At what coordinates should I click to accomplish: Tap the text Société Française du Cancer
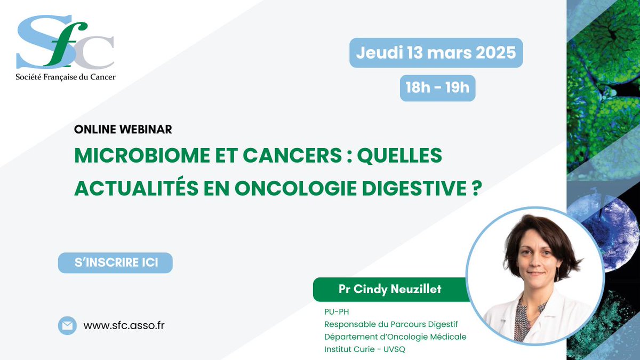point(66,77)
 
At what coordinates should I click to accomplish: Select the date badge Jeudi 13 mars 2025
point(436,53)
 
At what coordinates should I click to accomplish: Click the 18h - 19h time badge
point(437,87)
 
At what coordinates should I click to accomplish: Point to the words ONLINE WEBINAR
point(123,130)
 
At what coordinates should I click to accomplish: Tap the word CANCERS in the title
point(275,156)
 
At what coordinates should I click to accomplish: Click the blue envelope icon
point(67,325)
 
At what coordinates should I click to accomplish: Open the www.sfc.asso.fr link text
point(124,325)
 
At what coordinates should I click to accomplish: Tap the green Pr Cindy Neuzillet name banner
point(389,290)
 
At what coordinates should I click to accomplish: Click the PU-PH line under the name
point(336,312)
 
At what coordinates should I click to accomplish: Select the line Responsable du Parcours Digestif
point(391,324)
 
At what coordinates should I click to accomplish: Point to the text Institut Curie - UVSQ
point(365,349)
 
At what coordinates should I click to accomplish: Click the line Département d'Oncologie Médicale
point(395,337)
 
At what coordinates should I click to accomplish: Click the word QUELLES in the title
point(399,156)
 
